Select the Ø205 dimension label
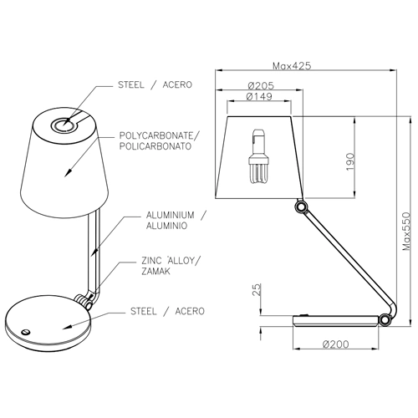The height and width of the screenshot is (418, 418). (x=263, y=84)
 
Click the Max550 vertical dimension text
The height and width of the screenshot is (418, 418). (x=407, y=231)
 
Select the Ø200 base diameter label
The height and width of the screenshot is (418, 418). (x=334, y=344)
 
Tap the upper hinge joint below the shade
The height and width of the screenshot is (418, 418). (x=300, y=206)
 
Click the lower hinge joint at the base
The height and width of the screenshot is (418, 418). (x=385, y=318)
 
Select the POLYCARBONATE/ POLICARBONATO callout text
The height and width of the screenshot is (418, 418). (x=161, y=140)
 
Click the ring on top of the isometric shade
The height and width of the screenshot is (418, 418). (x=63, y=125)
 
